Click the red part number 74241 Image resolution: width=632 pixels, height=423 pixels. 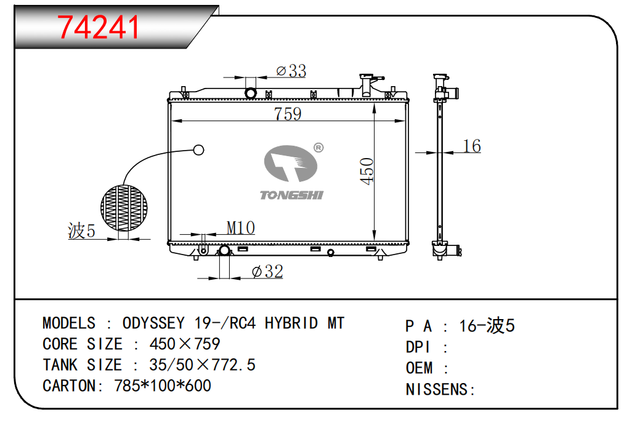point(98,28)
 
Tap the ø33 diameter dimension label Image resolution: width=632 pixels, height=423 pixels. point(291,71)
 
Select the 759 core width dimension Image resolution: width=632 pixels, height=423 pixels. point(288,114)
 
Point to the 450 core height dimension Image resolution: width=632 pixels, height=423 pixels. point(367,172)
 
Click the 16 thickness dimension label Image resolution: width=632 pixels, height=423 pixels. point(472,146)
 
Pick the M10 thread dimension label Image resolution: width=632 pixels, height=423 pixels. point(241,228)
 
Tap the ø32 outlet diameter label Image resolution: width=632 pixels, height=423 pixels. point(267,272)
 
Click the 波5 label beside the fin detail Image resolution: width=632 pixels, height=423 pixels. point(81,231)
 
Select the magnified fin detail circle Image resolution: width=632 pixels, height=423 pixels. point(124,208)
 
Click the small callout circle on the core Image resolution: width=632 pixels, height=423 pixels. point(199,150)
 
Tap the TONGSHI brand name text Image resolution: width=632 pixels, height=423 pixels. point(291,195)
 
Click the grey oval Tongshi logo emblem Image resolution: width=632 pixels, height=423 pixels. point(291,164)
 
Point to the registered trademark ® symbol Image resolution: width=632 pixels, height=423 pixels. point(318,148)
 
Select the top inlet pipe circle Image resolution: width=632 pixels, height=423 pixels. point(251,93)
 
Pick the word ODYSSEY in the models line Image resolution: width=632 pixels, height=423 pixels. point(153,323)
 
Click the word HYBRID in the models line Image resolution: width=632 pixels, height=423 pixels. point(291,323)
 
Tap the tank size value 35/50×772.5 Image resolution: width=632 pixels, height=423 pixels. point(202,365)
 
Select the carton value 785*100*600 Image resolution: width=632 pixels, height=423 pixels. point(163,386)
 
